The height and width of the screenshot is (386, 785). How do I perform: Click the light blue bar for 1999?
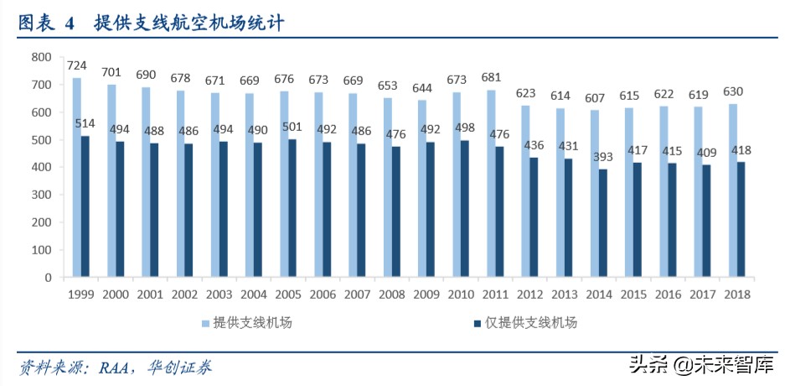pos(76,177)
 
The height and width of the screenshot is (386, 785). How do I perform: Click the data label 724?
pos(77,65)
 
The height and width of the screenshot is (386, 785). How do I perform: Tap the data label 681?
pos(492,77)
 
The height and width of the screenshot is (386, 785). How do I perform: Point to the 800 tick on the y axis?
pos(41,57)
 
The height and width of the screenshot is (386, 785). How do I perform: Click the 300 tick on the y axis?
pos(41,195)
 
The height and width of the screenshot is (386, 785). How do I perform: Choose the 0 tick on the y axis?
pos(48,277)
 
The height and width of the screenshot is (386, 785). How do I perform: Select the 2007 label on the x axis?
pos(356,295)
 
